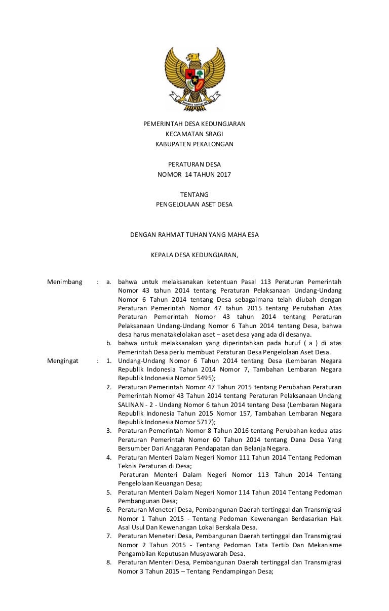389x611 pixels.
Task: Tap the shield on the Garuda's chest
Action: [195, 76]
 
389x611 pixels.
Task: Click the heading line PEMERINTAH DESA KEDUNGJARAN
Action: [194, 124]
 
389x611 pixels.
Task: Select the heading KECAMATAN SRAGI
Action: [194, 134]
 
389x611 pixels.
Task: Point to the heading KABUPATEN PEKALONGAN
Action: [194, 144]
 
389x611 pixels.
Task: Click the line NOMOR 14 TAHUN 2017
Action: [194, 175]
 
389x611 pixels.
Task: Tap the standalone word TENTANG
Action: [194, 195]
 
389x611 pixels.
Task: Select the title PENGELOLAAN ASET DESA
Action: [194, 205]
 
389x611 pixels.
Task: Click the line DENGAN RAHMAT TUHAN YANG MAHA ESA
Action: [194, 235]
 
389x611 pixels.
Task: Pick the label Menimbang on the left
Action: [64, 281]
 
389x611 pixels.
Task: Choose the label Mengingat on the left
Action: [64, 361]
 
